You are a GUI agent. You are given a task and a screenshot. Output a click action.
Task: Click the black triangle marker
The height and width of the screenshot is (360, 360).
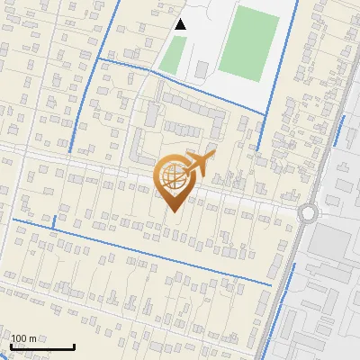181,24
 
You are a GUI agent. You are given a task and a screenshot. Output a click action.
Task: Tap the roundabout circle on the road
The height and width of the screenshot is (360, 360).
310,214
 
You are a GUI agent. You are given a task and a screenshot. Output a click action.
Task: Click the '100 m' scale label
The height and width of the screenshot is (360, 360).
23,338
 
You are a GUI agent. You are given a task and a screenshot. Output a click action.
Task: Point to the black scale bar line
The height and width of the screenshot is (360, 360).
42,346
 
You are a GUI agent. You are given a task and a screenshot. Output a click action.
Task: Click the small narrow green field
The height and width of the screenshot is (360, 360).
174,53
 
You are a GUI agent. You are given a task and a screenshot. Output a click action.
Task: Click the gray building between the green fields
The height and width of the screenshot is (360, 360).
201,68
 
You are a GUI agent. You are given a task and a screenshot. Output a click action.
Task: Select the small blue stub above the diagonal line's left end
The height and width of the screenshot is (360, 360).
54,221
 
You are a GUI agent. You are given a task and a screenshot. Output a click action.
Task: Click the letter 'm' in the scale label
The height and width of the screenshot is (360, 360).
31,338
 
